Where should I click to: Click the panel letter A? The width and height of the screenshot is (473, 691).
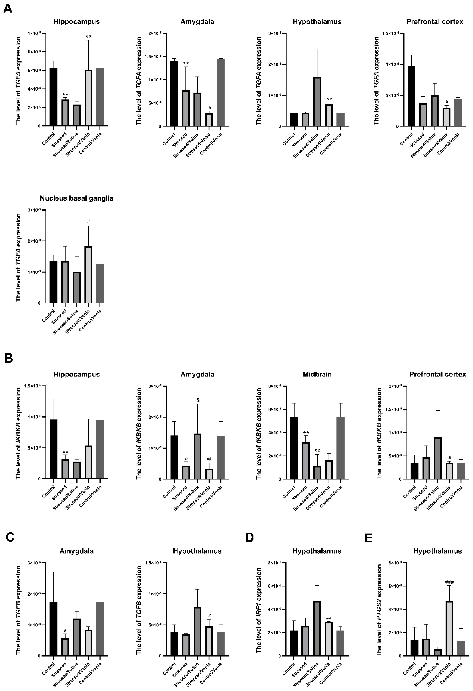click(x=8, y=9)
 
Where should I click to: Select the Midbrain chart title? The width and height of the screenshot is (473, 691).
click(x=317, y=374)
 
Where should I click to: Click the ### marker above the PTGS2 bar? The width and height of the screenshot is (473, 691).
click(x=449, y=582)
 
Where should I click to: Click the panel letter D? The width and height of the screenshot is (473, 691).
click(x=250, y=538)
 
